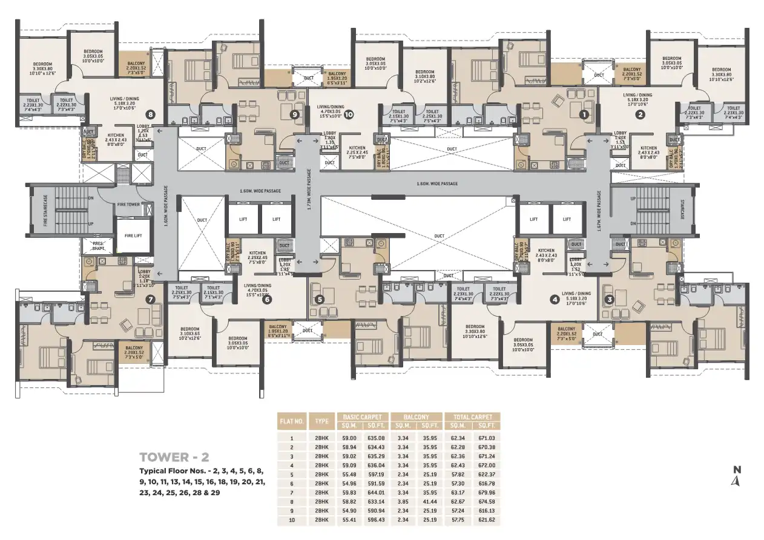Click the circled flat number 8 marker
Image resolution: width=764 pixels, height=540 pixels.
pos(150,114)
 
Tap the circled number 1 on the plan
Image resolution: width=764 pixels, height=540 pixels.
pos(584,114)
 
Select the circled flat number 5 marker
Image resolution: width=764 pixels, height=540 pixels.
pos(320,299)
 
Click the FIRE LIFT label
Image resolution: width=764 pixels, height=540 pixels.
pos(133,235)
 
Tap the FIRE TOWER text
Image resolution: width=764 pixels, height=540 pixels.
pos(128,205)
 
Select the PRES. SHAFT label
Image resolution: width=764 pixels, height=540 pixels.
pos(97,246)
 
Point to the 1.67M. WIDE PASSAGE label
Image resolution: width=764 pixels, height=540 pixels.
pos(599,211)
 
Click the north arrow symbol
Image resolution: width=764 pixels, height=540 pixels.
pos(736,481)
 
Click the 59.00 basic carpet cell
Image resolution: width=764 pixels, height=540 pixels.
pos(349,438)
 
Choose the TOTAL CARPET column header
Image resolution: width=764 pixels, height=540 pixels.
pos(472,417)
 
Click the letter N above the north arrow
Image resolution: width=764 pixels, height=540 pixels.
pos(737,469)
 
